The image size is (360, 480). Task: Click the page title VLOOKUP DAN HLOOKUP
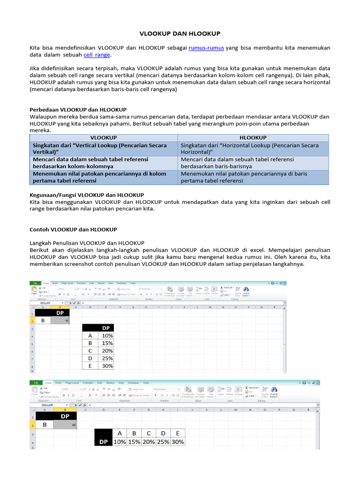tap(180, 34)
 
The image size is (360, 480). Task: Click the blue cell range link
tap(97, 55)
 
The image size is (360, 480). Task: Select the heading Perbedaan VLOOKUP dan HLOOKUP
tap(78, 109)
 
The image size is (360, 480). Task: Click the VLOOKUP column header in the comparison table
tap(103, 138)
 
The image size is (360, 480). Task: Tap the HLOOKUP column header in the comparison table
tap(253, 138)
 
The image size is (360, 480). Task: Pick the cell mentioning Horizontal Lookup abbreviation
tap(253, 149)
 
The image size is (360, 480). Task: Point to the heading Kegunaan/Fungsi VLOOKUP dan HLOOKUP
tap(87, 195)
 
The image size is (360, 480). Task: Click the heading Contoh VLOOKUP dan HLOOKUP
tap(73, 230)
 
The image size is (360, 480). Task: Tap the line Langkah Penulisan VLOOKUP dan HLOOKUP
tap(87, 243)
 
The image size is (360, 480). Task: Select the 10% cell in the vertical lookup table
tap(107, 336)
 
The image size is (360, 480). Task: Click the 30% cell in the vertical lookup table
tap(107, 366)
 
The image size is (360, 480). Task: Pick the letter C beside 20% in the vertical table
tap(90, 351)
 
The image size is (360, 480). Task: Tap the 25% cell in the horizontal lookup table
tap(163, 442)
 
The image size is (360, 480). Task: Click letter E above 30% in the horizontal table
tap(178, 433)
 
